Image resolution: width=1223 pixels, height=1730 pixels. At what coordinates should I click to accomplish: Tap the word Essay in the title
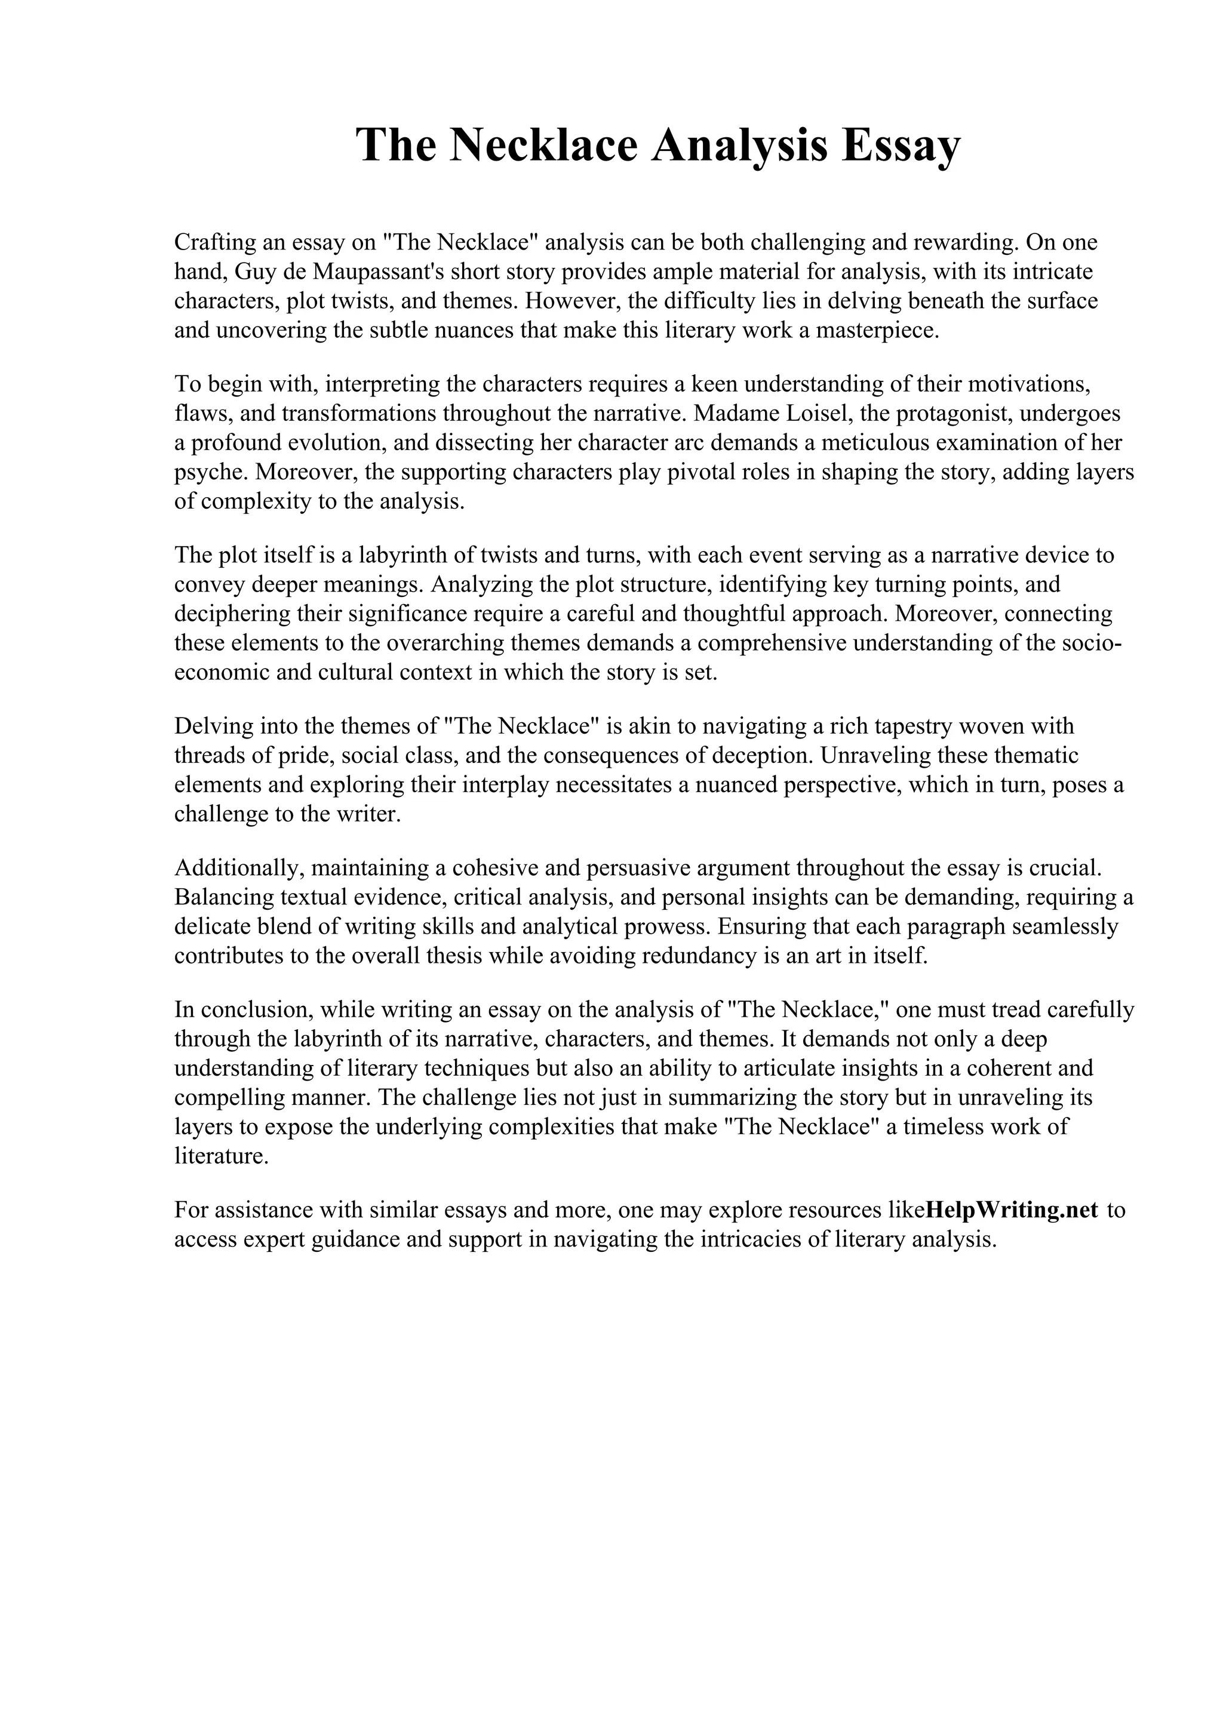[901, 144]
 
